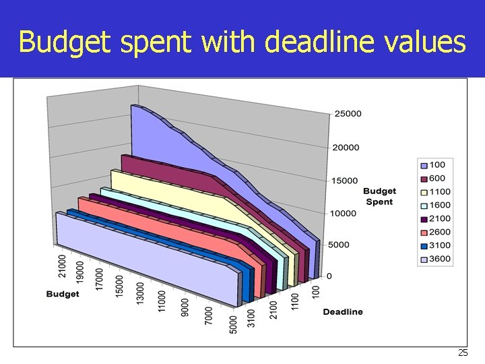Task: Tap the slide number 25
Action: coord(462,353)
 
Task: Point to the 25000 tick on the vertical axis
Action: coord(348,114)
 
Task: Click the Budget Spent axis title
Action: coord(380,196)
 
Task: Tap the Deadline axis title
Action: coord(343,311)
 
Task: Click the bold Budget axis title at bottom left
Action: coord(63,294)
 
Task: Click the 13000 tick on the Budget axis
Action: coord(140,291)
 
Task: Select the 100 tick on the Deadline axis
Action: coord(316,292)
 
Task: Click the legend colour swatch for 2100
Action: coord(424,219)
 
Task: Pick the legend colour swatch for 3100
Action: coord(424,245)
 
